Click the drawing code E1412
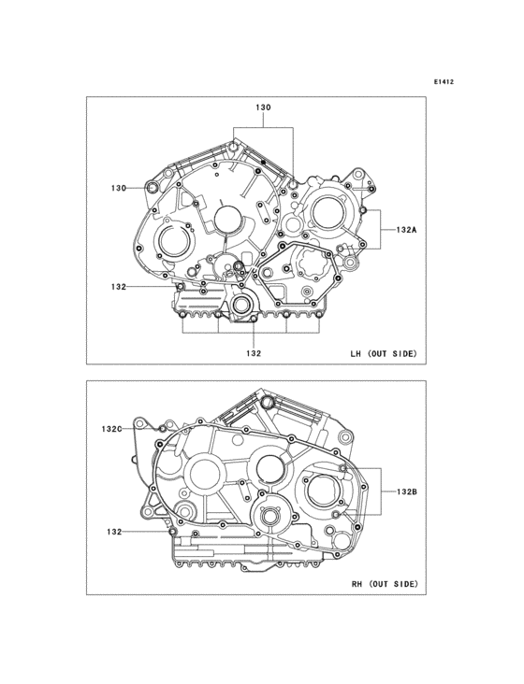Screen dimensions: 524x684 pos(444,81)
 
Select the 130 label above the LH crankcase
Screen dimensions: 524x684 pos(263,107)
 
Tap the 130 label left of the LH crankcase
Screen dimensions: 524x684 pos(118,188)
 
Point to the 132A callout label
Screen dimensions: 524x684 pos(406,230)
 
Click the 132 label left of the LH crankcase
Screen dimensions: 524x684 pos(118,287)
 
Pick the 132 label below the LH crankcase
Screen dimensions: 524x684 pos(254,353)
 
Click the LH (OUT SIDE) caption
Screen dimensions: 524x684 pos(384,354)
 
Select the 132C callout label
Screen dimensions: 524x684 pos(111,429)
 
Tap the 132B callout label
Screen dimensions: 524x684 pos(406,492)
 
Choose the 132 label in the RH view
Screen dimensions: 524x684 pos(114,532)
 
